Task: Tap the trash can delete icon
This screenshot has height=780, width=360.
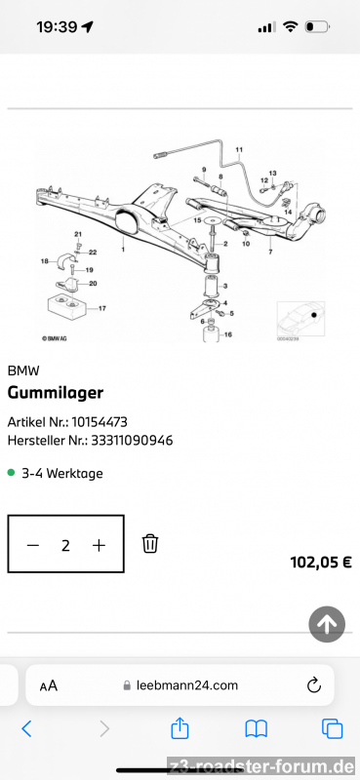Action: (x=150, y=543)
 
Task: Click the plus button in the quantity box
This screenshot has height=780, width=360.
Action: (x=100, y=546)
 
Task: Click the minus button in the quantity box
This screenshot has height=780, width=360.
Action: (x=33, y=546)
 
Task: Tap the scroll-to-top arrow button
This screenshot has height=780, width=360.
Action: (x=327, y=624)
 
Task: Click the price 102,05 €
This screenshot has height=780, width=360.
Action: (x=321, y=563)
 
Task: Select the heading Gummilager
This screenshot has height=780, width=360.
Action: (x=56, y=393)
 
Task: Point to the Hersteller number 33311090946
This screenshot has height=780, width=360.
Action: (x=132, y=441)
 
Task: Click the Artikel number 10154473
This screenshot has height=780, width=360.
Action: (x=100, y=422)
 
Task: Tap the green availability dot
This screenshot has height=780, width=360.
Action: (x=12, y=473)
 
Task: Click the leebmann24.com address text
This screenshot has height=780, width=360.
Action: (x=187, y=685)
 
